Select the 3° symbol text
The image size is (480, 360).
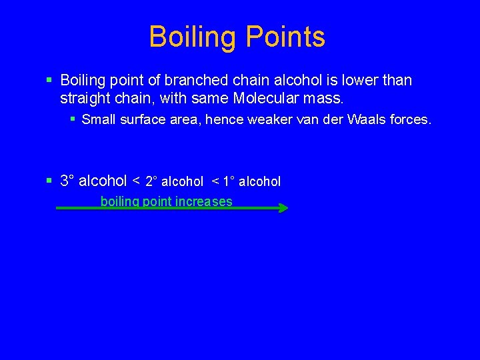67,181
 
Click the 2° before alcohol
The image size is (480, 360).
152,181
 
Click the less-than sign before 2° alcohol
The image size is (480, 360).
136,181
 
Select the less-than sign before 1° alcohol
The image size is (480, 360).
216,181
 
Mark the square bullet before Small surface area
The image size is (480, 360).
72,120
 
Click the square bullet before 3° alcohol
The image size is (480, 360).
49,181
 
